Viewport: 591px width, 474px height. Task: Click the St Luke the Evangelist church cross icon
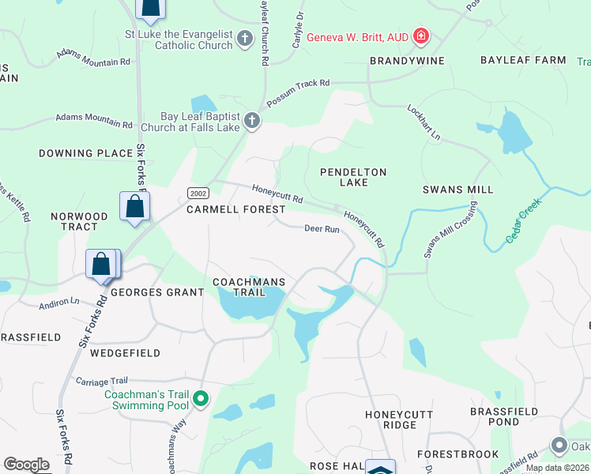click(245, 38)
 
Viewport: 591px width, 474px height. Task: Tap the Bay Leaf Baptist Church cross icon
click(252, 121)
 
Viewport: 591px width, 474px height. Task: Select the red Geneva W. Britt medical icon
click(421, 36)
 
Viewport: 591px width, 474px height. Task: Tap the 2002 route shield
click(197, 193)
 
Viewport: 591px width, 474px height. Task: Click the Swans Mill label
click(457, 190)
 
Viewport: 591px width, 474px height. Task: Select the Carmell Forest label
click(235, 209)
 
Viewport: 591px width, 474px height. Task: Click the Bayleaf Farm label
click(523, 60)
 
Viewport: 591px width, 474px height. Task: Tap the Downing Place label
click(87, 153)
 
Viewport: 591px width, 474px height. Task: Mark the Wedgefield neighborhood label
click(125, 353)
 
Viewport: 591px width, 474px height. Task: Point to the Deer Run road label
click(322, 229)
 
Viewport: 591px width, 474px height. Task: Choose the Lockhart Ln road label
click(423, 122)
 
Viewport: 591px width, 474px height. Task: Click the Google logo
click(26, 465)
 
